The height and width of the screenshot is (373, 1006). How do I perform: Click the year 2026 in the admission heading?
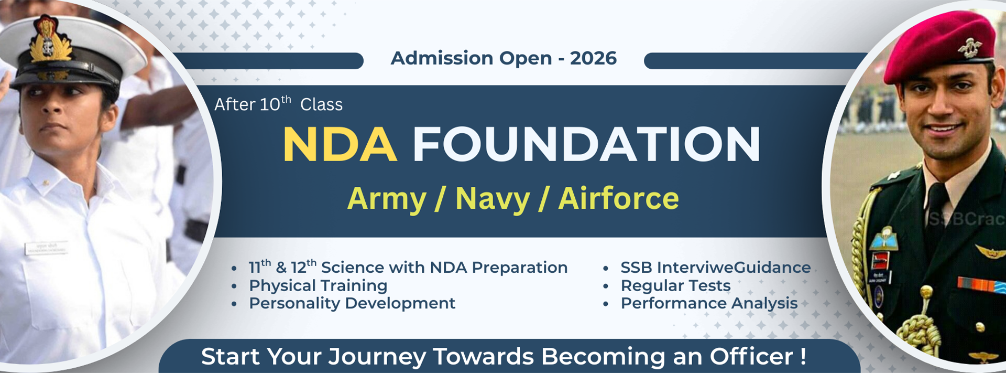pos(593,58)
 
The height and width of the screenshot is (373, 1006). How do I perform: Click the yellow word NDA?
pos(340,144)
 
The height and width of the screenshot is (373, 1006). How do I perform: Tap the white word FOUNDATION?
pos(586,144)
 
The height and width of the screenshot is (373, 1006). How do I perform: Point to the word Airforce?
pos(618,198)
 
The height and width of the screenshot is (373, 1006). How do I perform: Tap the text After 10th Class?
pos(278,104)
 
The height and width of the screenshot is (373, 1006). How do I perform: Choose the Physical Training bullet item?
pos(318,286)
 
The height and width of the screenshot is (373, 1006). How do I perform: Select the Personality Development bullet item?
pos(352,304)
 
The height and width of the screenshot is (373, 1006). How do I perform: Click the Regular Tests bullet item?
pos(675,286)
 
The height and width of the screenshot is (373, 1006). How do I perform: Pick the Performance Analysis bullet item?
pos(709,304)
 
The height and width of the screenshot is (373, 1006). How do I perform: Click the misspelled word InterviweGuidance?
pos(734,268)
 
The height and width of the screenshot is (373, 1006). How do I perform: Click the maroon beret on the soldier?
pos(939,45)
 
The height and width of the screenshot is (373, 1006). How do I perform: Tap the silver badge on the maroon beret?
pos(970,47)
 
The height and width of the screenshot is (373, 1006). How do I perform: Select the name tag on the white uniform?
pos(46,248)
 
